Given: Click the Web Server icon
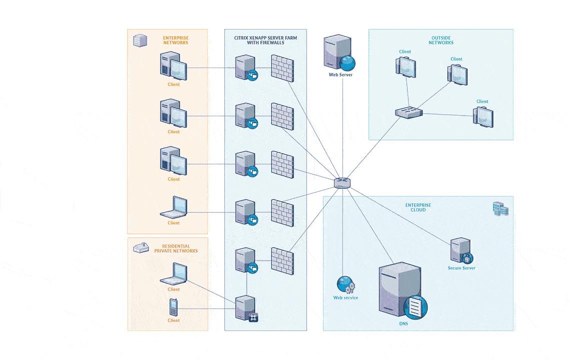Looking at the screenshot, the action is point(339,53).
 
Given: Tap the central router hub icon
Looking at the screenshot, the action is point(342,183).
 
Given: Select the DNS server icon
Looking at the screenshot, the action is point(402,291).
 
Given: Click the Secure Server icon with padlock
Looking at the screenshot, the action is point(461,250).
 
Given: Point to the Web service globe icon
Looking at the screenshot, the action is point(346,284).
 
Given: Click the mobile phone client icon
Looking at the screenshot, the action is point(173,307).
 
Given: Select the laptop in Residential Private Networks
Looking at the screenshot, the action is point(174,274).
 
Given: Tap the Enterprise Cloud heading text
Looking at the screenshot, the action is point(418,207).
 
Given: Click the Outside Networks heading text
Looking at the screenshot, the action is point(441,40).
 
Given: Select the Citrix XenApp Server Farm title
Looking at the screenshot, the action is point(265,40).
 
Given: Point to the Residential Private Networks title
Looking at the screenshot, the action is point(176,248).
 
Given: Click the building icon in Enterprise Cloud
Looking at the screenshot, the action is point(500,209).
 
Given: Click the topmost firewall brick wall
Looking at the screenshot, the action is point(282,68).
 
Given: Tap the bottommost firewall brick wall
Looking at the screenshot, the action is point(282,261).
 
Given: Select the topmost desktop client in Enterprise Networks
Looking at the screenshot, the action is point(173,66).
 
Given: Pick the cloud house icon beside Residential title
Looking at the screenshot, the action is point(141,247).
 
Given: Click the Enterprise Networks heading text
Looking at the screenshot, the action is point(176,40).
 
